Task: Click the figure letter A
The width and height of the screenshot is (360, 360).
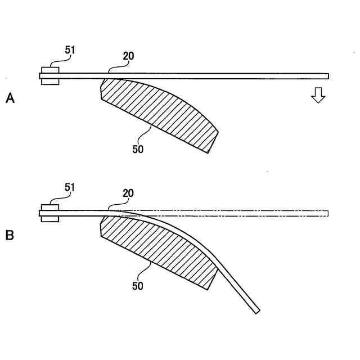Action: click(x=10, y=99)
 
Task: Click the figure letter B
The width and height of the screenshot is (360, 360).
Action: click(x=10, y=236)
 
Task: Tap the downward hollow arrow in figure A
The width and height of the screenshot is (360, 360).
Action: click(x=318, y=96)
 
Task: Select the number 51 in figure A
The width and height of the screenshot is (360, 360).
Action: click(x=69, y=51)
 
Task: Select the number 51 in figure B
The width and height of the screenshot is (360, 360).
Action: click(x=69, y=188)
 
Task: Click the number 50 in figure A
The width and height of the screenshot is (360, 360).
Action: click(x=138, y=149)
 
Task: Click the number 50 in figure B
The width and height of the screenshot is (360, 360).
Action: click(x=138, y=286)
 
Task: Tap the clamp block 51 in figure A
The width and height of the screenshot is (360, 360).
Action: click(x=50, y=75)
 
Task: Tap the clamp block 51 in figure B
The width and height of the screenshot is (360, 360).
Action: click(x=49, y=213)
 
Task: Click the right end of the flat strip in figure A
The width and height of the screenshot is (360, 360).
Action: click(x=327, y=75)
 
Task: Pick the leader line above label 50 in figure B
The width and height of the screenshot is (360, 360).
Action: click(x=147, y=269)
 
